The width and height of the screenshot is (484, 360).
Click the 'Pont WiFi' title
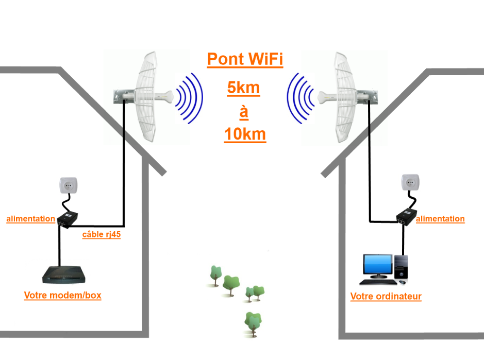coord(245,59)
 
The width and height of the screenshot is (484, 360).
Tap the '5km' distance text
coord(243,88)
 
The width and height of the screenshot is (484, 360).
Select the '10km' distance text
coord(245,134)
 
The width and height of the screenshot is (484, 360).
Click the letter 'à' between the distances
coord(244,112)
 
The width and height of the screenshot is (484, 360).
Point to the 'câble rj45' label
coord(101,234)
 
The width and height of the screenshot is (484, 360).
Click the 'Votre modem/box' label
coord(63,295)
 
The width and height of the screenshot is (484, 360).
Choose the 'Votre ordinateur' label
coord(386,297)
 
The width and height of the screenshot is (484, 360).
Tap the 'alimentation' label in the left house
coord(30,219)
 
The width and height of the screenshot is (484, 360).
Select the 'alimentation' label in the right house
coord(440,219)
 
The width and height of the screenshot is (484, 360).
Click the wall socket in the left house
coord(68,185)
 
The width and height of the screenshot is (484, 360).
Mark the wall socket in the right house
coord(410,183)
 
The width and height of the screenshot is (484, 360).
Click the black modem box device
coord(63,275)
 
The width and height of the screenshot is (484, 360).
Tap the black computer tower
coord(401,267)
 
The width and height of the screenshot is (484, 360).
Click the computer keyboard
coord(378,282)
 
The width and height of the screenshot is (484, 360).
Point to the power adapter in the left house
coord(68,219)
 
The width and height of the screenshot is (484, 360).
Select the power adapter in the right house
coord(407,217)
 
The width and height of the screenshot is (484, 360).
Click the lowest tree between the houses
coord(253,323)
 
